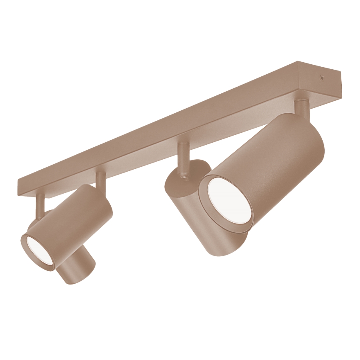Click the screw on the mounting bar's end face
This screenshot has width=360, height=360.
coord(320,77)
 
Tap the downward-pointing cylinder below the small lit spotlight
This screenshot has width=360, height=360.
coord(77,268)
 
